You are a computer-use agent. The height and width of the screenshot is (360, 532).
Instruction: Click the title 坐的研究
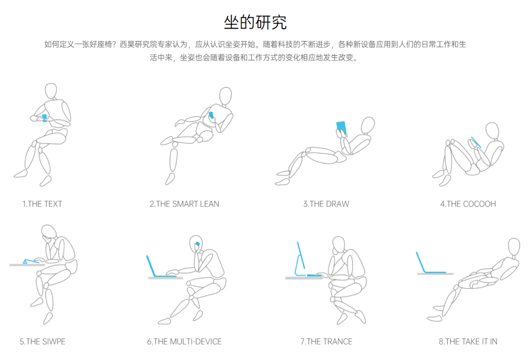point(255,22)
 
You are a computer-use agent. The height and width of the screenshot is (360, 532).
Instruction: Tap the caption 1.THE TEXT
point(42,204)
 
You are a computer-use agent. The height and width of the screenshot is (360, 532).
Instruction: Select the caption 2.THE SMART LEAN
point(184,204)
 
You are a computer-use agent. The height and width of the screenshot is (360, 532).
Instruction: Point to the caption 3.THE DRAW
point(326,204)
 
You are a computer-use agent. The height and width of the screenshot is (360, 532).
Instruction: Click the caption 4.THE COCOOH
point(468,204)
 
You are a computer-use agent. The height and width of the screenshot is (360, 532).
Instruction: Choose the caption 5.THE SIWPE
point(42,341)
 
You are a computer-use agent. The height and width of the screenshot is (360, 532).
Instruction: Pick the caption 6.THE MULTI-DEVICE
point(184,341)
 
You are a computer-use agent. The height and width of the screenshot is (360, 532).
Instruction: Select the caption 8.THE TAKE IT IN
point(468,341)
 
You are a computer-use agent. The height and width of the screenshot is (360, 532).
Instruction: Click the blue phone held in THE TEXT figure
point(44,118)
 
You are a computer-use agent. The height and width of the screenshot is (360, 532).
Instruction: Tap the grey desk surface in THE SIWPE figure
point(27,264)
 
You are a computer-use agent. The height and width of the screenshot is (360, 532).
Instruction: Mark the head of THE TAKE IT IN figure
point(514,246)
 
